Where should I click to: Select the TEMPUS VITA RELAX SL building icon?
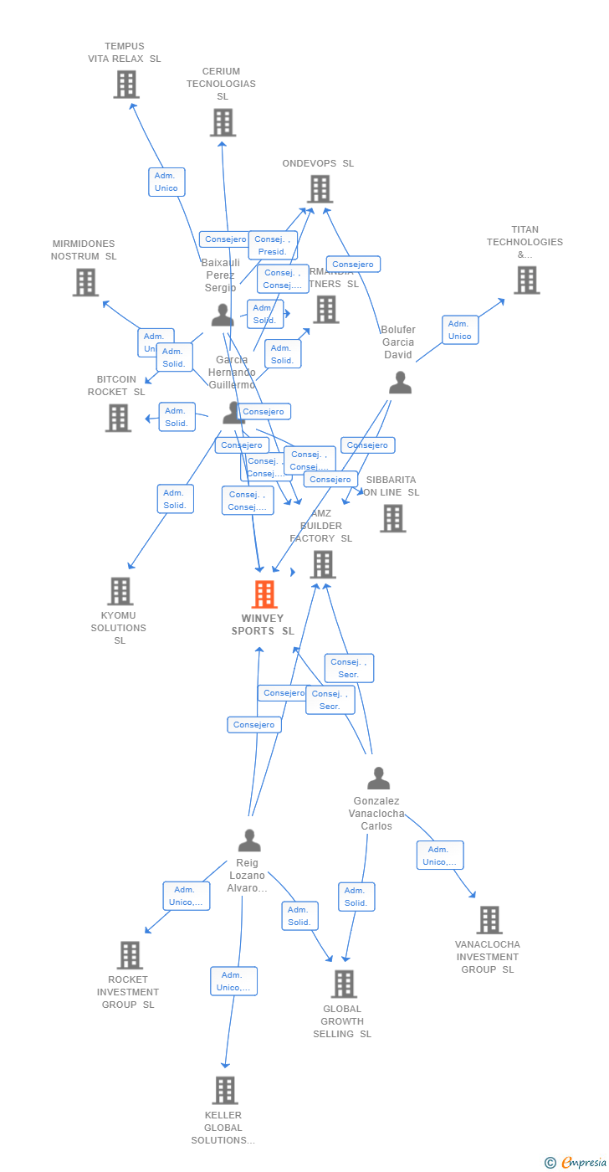125,85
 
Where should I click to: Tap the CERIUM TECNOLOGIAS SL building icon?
222,122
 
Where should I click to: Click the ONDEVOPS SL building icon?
320,189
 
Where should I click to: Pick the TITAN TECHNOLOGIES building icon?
526,280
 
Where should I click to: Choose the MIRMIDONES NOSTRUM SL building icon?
85,282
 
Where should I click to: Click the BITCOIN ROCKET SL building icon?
118,418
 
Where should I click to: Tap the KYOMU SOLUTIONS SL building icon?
120,591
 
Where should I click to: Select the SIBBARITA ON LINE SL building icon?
392,518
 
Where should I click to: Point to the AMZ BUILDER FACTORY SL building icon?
322,564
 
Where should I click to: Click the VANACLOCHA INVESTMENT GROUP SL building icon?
489,920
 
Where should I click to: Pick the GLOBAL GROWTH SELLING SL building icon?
343,984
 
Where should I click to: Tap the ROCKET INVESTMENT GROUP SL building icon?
129,955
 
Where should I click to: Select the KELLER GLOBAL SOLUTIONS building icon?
224,1090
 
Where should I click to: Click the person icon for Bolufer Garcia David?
400,383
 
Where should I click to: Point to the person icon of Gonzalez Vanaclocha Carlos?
378,779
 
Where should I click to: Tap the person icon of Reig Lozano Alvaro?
248,840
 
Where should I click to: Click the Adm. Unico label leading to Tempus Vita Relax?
166,182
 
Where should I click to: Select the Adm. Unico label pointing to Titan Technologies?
459,330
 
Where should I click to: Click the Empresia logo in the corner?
577,1162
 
